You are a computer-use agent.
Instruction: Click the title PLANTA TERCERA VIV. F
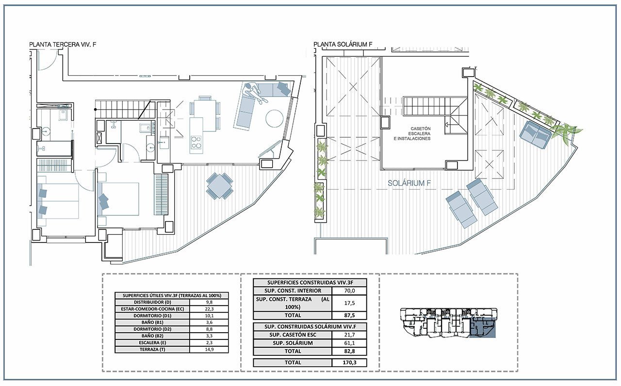click(63, 44)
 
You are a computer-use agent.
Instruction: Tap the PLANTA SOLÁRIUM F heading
click(343, 44)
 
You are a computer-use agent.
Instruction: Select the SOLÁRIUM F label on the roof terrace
click(409, 183)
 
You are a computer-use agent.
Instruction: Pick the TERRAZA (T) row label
click(152, 350)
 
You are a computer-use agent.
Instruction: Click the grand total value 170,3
click(349, 362)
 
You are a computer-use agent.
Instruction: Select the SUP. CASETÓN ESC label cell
click(293, 335)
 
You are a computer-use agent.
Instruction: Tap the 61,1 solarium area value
click(349, 343)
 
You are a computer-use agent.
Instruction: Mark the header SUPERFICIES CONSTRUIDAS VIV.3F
click(310, 283)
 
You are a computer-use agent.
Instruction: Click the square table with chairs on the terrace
click(220, 186)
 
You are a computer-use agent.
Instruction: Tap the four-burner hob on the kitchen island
click(196, 142)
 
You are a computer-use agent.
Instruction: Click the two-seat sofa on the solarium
click(536, 134)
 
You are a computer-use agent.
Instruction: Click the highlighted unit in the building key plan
click(483, 327)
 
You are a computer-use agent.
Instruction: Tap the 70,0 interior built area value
click(349, 290)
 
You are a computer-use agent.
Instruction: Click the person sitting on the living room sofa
click(254, 92)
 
